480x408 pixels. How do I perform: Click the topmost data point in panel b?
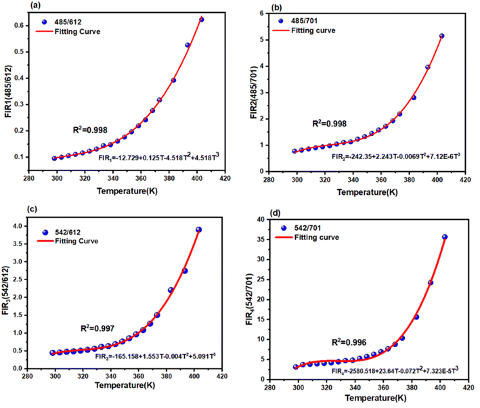click(x=442, y=36)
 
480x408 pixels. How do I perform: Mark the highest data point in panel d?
click(x=445, y=237)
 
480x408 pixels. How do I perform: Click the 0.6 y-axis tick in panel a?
click(x=35, y=26)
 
